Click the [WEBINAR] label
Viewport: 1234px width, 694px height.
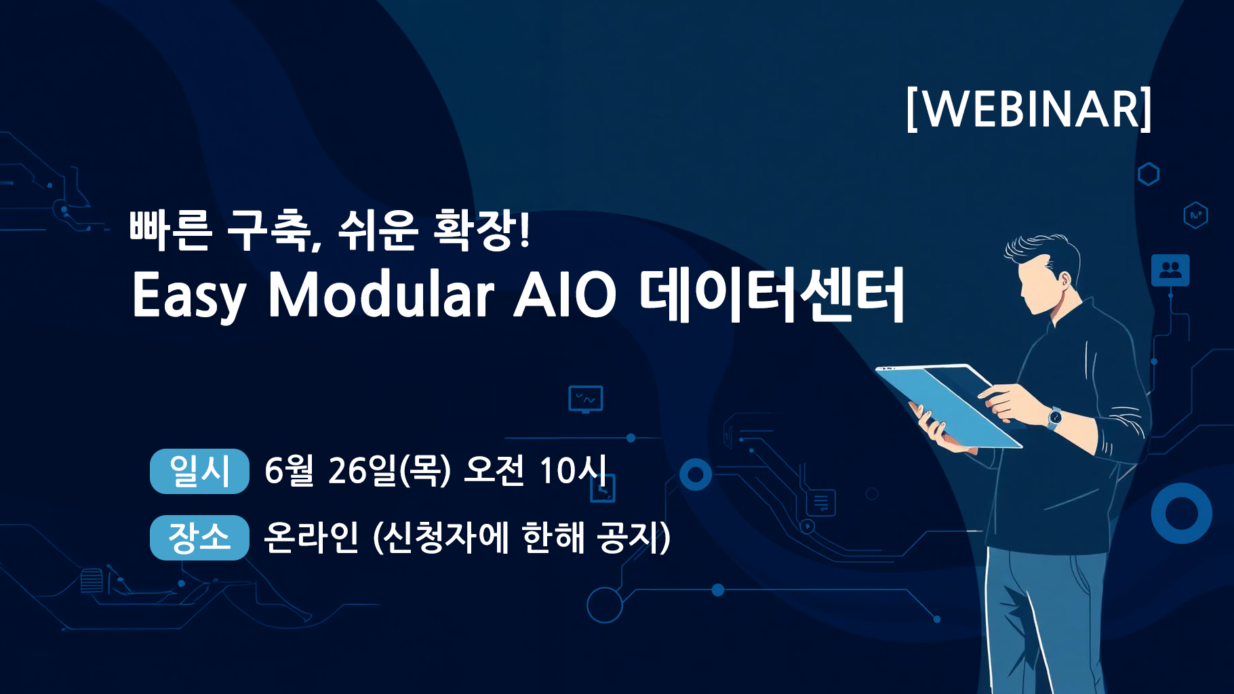1029,108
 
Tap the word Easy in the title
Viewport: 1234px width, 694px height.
189,296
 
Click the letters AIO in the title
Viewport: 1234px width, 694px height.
565,295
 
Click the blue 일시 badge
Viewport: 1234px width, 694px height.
199,471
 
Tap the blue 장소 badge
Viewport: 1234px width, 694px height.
199,537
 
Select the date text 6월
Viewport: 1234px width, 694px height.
289,470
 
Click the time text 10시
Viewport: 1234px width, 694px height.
573,470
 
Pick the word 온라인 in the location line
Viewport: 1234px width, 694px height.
311,537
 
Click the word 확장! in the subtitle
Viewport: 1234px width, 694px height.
481,230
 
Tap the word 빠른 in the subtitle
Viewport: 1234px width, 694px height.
170,230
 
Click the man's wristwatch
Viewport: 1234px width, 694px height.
1054,417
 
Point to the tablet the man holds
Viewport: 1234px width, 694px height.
949,405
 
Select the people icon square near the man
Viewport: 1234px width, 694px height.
1170,270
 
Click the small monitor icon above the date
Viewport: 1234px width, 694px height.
586,399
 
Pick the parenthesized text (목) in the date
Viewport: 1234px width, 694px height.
425,470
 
